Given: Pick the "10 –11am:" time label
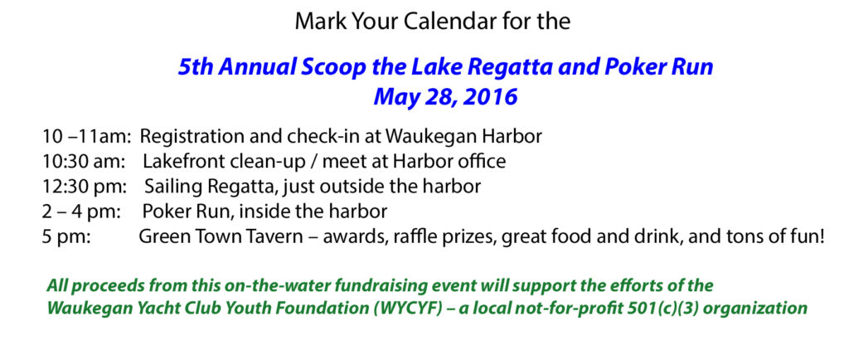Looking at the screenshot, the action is (x=86, y=136).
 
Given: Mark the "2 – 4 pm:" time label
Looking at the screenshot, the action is (x=82, y=212).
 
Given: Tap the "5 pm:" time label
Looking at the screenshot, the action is (x=66, y=238).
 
